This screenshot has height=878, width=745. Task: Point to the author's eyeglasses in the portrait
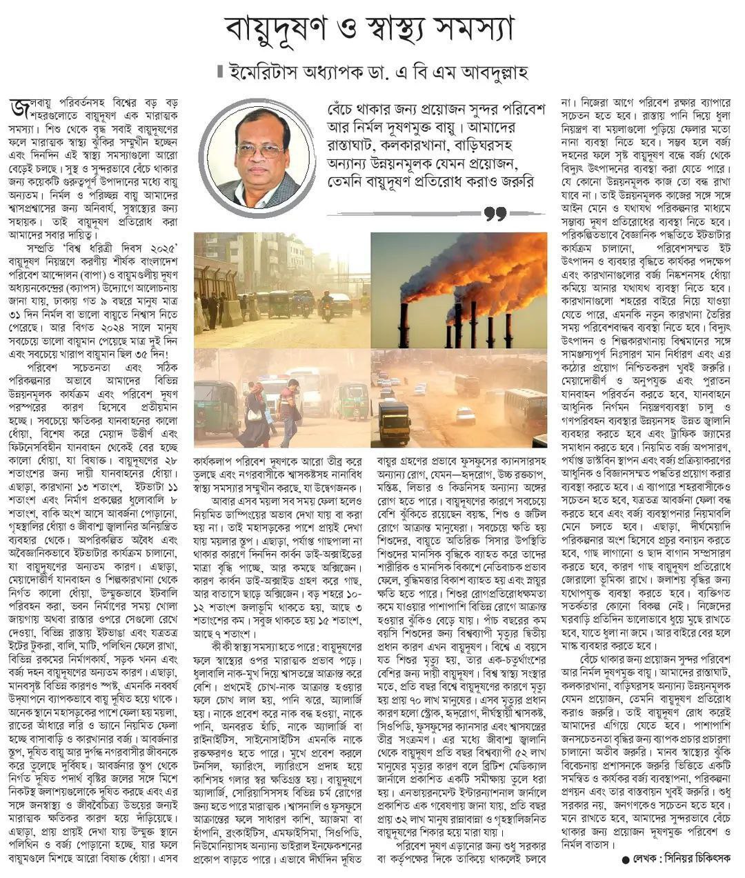tap(260, 149)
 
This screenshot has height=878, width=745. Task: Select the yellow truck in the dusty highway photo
tap(394, 421)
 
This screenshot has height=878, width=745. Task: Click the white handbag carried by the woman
tap(255, 414)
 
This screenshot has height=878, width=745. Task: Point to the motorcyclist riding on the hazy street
tap(326, 304)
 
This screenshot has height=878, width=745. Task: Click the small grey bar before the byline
tap(219, 71)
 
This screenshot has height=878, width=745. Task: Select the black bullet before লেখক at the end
tap(626, 859)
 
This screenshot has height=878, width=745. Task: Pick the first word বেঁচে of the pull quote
tap(344, 111)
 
